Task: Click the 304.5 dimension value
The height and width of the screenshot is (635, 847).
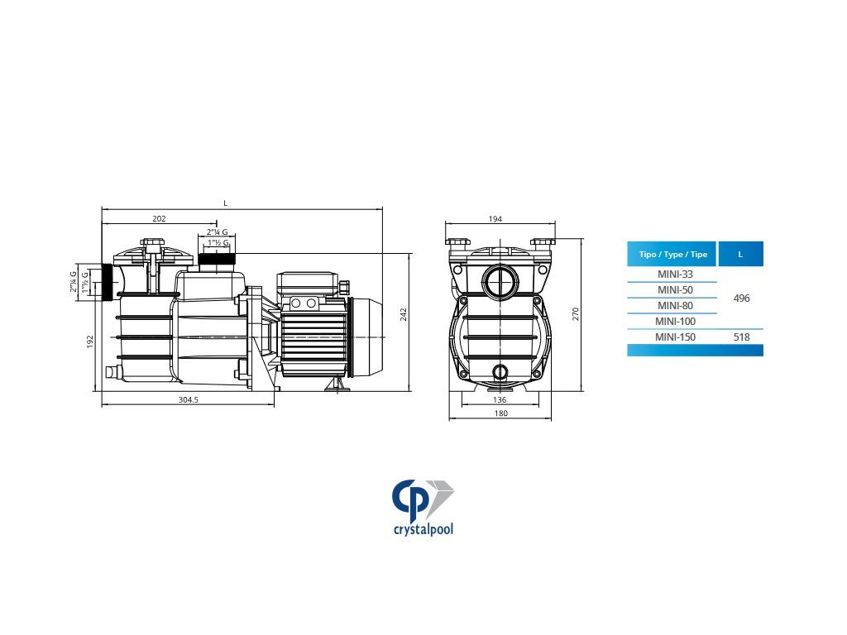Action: [189, 399]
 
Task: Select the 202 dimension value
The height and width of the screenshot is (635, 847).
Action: [159, 218]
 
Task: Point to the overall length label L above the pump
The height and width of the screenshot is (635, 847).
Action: [226, 203]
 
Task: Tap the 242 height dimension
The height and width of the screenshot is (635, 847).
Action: [404, 315]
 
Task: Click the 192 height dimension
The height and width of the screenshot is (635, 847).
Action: [90, 341]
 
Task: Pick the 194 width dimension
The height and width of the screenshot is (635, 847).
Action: [495, 218]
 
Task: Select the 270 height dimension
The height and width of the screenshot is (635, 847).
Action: [576, 313]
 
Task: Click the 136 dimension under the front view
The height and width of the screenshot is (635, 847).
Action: [500, 399]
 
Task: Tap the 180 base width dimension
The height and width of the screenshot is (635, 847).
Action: [501, 413]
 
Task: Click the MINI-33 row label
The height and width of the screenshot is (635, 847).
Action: [675, 274]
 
